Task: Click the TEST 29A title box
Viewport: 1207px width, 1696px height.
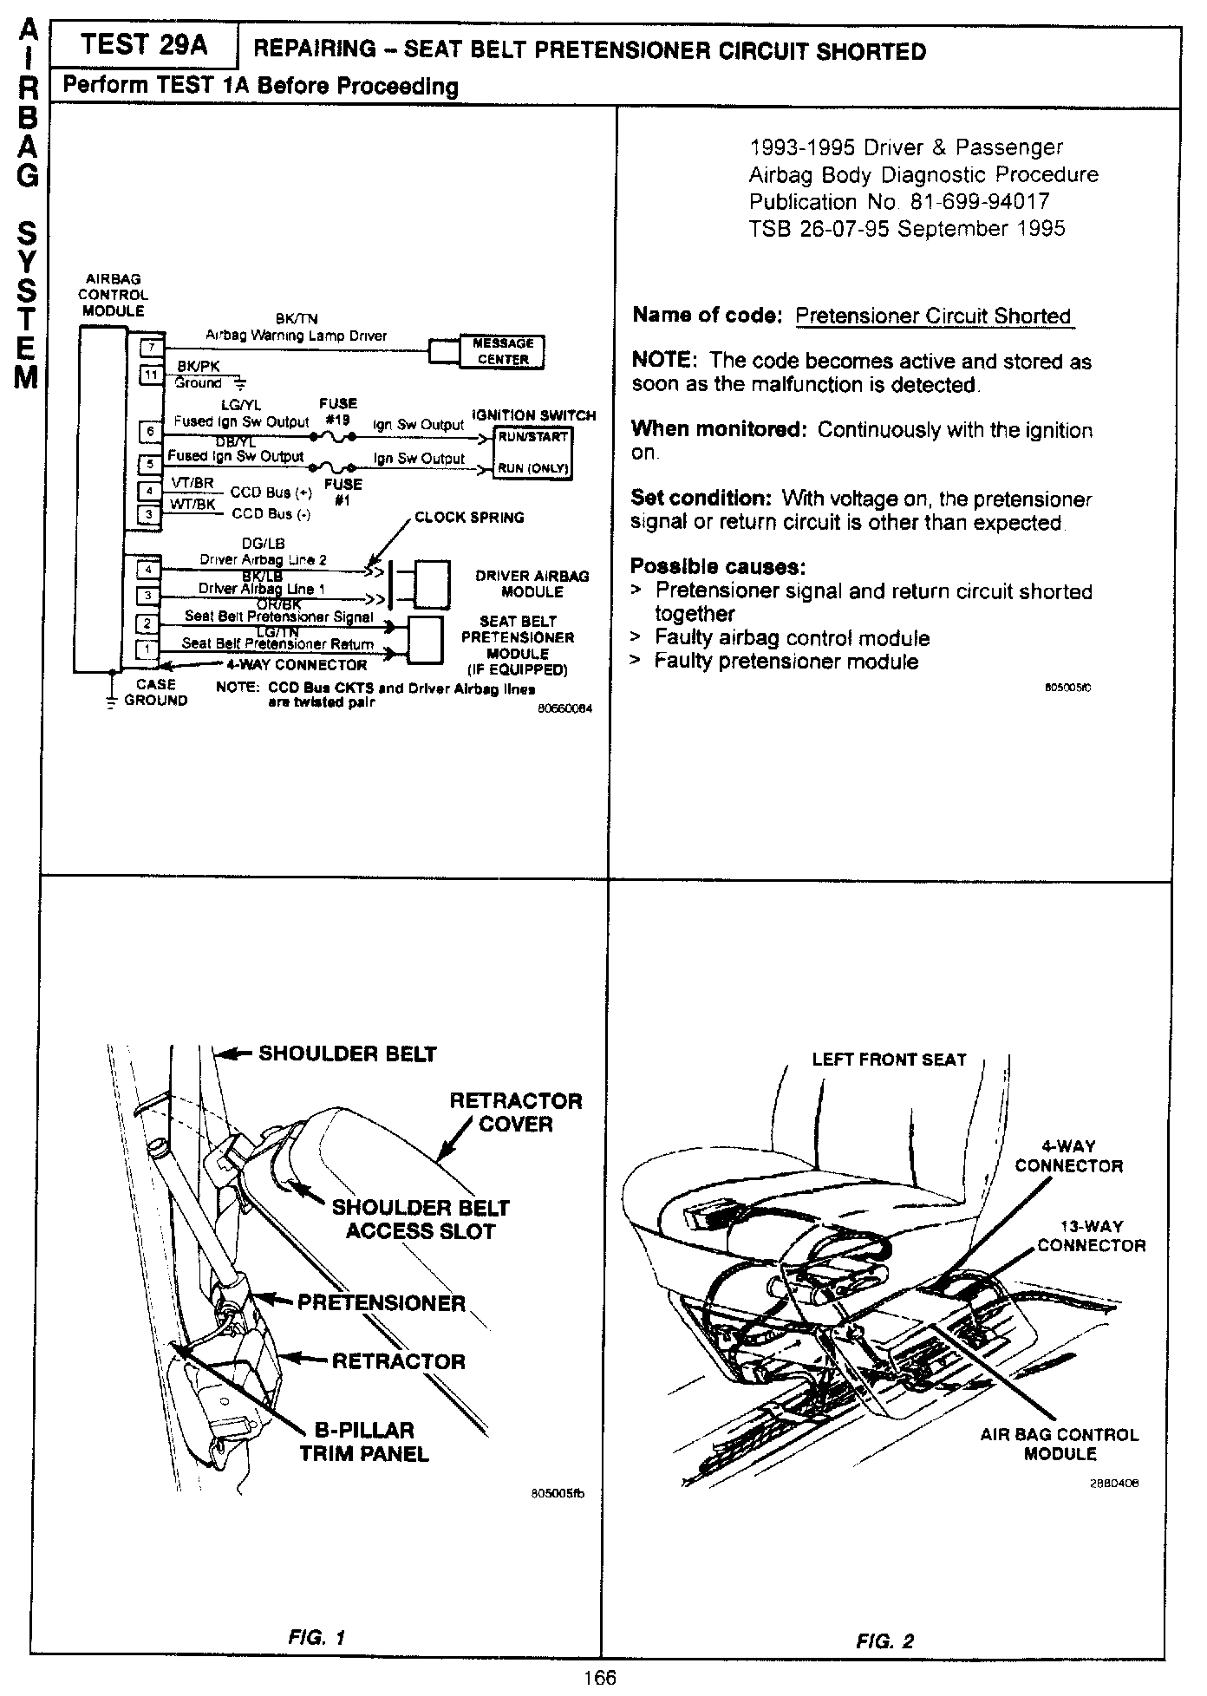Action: coord(144,46)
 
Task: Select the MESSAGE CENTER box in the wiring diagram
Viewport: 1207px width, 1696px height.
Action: coord(502,351)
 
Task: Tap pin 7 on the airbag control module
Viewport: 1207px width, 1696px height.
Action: coord(151,348)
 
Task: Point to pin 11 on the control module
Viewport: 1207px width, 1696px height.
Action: coord(151,375)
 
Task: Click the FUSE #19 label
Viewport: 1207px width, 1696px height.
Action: coord(337,410)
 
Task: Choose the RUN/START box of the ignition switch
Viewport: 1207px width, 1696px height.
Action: coord(532,437)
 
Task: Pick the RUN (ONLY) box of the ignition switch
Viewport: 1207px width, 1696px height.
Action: coord(532,468)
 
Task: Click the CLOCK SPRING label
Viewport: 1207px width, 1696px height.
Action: coord(469,518)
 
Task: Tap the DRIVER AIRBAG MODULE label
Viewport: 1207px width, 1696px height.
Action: coord(532,584)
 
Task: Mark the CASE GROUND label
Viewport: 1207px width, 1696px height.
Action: coord(155,692)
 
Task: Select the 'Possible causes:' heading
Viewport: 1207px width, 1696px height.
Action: coord(718,567)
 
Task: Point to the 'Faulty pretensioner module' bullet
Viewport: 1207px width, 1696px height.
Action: coord(786,662)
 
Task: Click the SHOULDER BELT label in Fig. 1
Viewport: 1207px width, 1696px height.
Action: coord(347,1053)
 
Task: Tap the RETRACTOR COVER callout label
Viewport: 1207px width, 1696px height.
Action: coord(515,1112)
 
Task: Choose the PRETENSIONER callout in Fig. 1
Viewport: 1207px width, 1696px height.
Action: coord(381,1303)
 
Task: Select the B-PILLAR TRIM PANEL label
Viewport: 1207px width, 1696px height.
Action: coord(364,1442)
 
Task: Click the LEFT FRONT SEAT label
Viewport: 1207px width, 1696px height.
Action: coord(889,1060)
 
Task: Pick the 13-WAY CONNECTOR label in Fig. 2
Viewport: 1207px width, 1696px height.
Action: coord(1091,1236)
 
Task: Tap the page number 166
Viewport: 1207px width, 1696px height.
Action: coord(599,1678)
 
